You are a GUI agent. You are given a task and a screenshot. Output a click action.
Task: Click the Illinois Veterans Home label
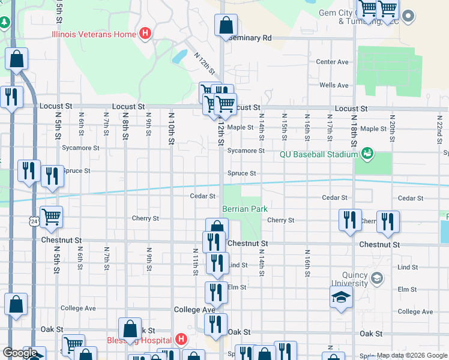click(94, 34)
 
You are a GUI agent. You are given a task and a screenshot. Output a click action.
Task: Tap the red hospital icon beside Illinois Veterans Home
click(145, 34)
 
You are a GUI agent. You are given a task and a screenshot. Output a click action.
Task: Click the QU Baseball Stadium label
click(319, 154)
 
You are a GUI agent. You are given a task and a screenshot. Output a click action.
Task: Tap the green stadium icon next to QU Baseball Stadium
click(367, 154)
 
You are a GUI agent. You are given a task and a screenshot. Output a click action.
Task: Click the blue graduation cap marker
click(341, 297)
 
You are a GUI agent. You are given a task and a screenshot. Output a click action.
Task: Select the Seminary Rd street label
click(250, 38)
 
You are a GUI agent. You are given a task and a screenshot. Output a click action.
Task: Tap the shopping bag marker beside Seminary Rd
click(226, 26)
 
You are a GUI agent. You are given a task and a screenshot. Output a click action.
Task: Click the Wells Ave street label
click(334, 85)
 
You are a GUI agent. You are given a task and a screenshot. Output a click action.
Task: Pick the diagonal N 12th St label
click(204, 62)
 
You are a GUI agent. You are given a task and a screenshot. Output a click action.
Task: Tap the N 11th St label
click(196, 262)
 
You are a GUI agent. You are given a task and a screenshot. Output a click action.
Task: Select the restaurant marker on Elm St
click(216, 292)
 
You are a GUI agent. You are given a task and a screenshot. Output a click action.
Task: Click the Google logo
click(19, 353)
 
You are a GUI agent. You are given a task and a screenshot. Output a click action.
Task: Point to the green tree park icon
click(5, 23)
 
